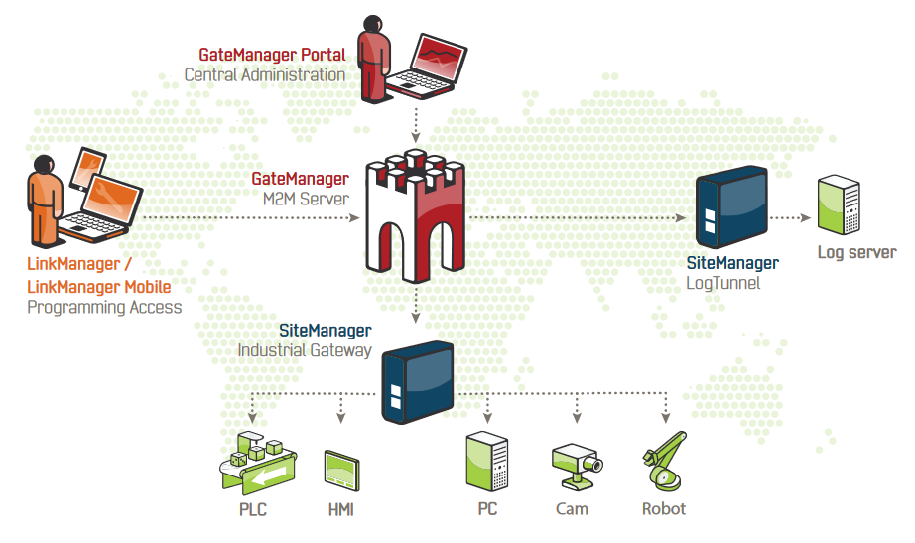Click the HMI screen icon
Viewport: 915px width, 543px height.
pos(340,473)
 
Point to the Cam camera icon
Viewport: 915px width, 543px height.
pos(576,466)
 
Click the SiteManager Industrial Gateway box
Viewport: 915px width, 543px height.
pos(417,380)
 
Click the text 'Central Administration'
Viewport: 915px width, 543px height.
pos(265,74)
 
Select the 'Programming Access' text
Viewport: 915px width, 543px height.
pos(104,307)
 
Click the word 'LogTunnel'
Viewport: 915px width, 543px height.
pos(723,283)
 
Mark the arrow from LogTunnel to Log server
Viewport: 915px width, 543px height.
pos(790,217)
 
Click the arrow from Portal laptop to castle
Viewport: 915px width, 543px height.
pos(417,124)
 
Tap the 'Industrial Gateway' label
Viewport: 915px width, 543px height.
pos(305,349)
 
